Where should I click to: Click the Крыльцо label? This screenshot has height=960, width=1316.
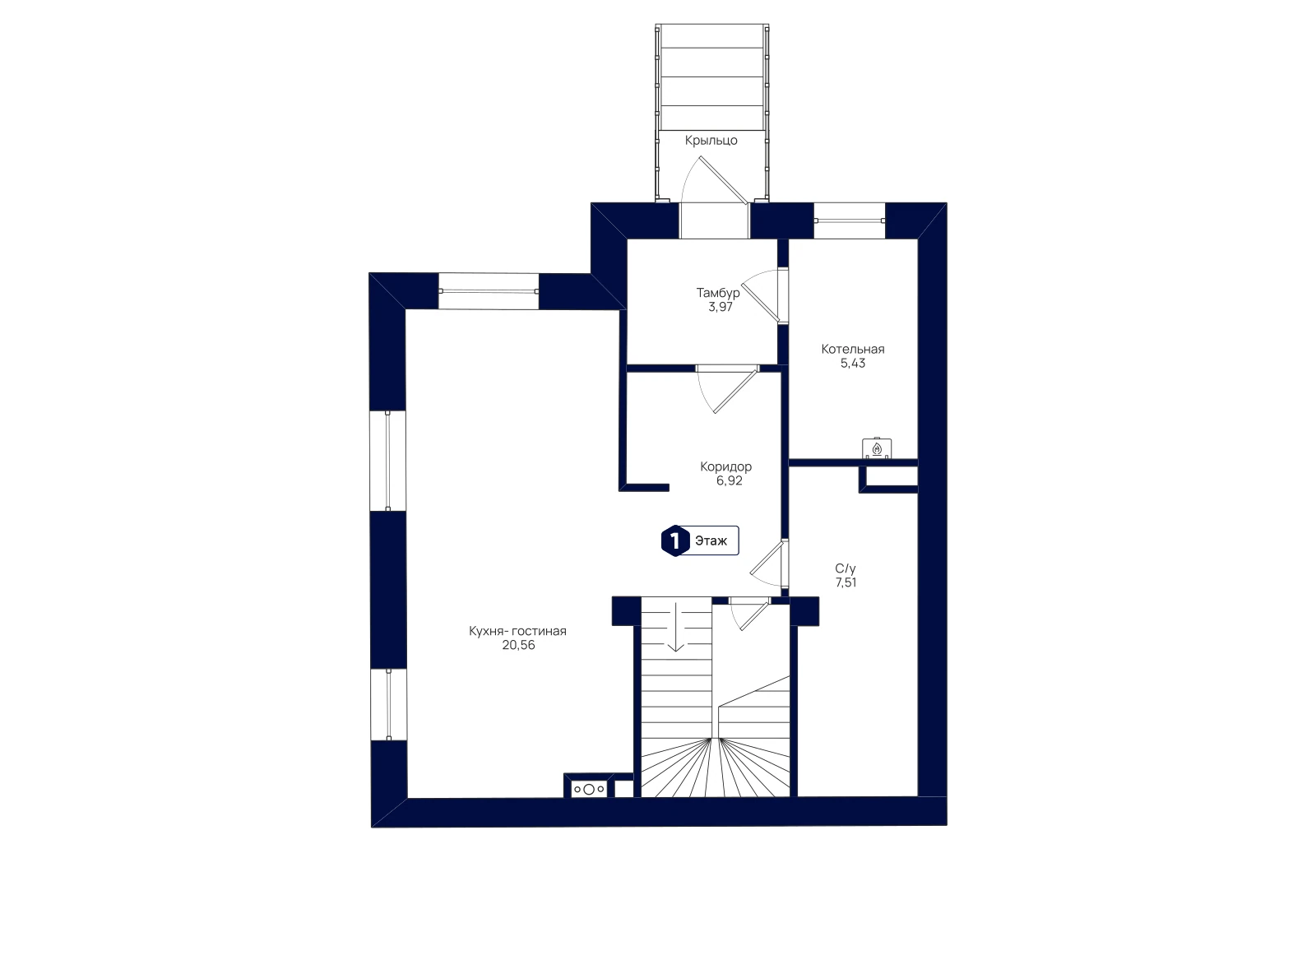[x=711, y=141]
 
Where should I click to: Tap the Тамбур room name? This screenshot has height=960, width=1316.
[x=718, y=293]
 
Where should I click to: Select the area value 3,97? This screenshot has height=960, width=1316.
[x=721, y=307]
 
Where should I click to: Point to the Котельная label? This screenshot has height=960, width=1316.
[x=852, y=349]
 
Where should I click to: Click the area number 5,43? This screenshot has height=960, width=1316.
[x=852, y=363]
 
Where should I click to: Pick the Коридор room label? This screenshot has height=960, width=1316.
[x=725, y=466]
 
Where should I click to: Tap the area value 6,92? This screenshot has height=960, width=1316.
[x=729, y=480]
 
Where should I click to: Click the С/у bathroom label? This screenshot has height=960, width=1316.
[x=846, y=568]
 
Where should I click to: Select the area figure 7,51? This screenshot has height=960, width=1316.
[x=846, y=582]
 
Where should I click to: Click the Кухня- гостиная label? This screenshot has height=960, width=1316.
[x=517, y=631]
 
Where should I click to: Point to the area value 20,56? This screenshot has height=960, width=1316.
[x=518, y=645]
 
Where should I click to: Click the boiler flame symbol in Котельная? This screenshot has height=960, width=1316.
[x=877, y=449]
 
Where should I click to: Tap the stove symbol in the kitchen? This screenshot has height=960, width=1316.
[x=589, y=789]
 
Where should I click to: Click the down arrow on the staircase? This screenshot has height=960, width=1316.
[x=675, y=627]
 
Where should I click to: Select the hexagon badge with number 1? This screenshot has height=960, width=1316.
[x=675, y=540]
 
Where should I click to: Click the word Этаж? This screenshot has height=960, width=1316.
[x=711, y=541]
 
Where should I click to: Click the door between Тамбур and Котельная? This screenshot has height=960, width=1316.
[x=764, y=295]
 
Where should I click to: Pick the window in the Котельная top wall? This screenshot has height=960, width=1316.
[x=849, y=221]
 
